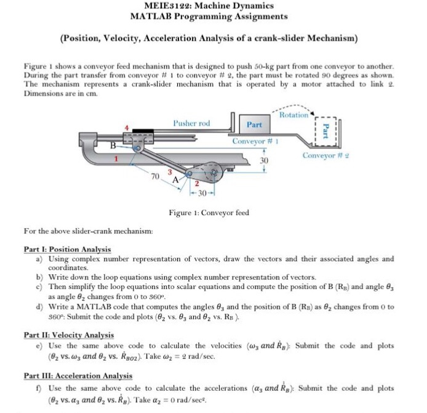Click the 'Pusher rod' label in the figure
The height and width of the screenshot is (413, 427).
(x=191, y=123)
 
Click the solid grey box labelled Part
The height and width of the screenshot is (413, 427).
(x=254, y=125)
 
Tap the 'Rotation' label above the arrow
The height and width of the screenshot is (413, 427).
(x=293, y=115)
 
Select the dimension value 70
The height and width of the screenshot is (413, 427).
(x=156, y=178)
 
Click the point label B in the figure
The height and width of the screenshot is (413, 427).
(x=112, y=146)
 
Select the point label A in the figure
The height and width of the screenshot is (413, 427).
(x=175, y=180)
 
